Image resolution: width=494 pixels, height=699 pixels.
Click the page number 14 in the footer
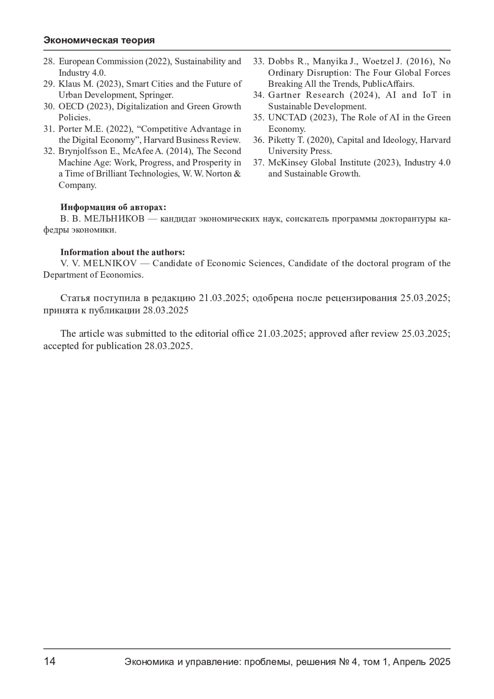click(49, 662)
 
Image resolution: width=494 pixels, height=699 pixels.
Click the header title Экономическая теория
click(99, 40)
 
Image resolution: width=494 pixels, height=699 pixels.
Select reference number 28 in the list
click(49, 61)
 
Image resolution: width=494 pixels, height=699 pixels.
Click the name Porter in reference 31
click(70, 129)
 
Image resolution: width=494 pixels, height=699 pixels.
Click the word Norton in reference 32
click(219, 174)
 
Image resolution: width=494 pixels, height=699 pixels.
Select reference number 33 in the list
click(258, 61)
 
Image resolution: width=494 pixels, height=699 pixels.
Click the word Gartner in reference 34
click(284, 95)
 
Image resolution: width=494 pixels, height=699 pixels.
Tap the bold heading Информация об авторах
click(113, 207)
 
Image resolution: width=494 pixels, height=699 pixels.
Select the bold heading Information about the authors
click(123, 252)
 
